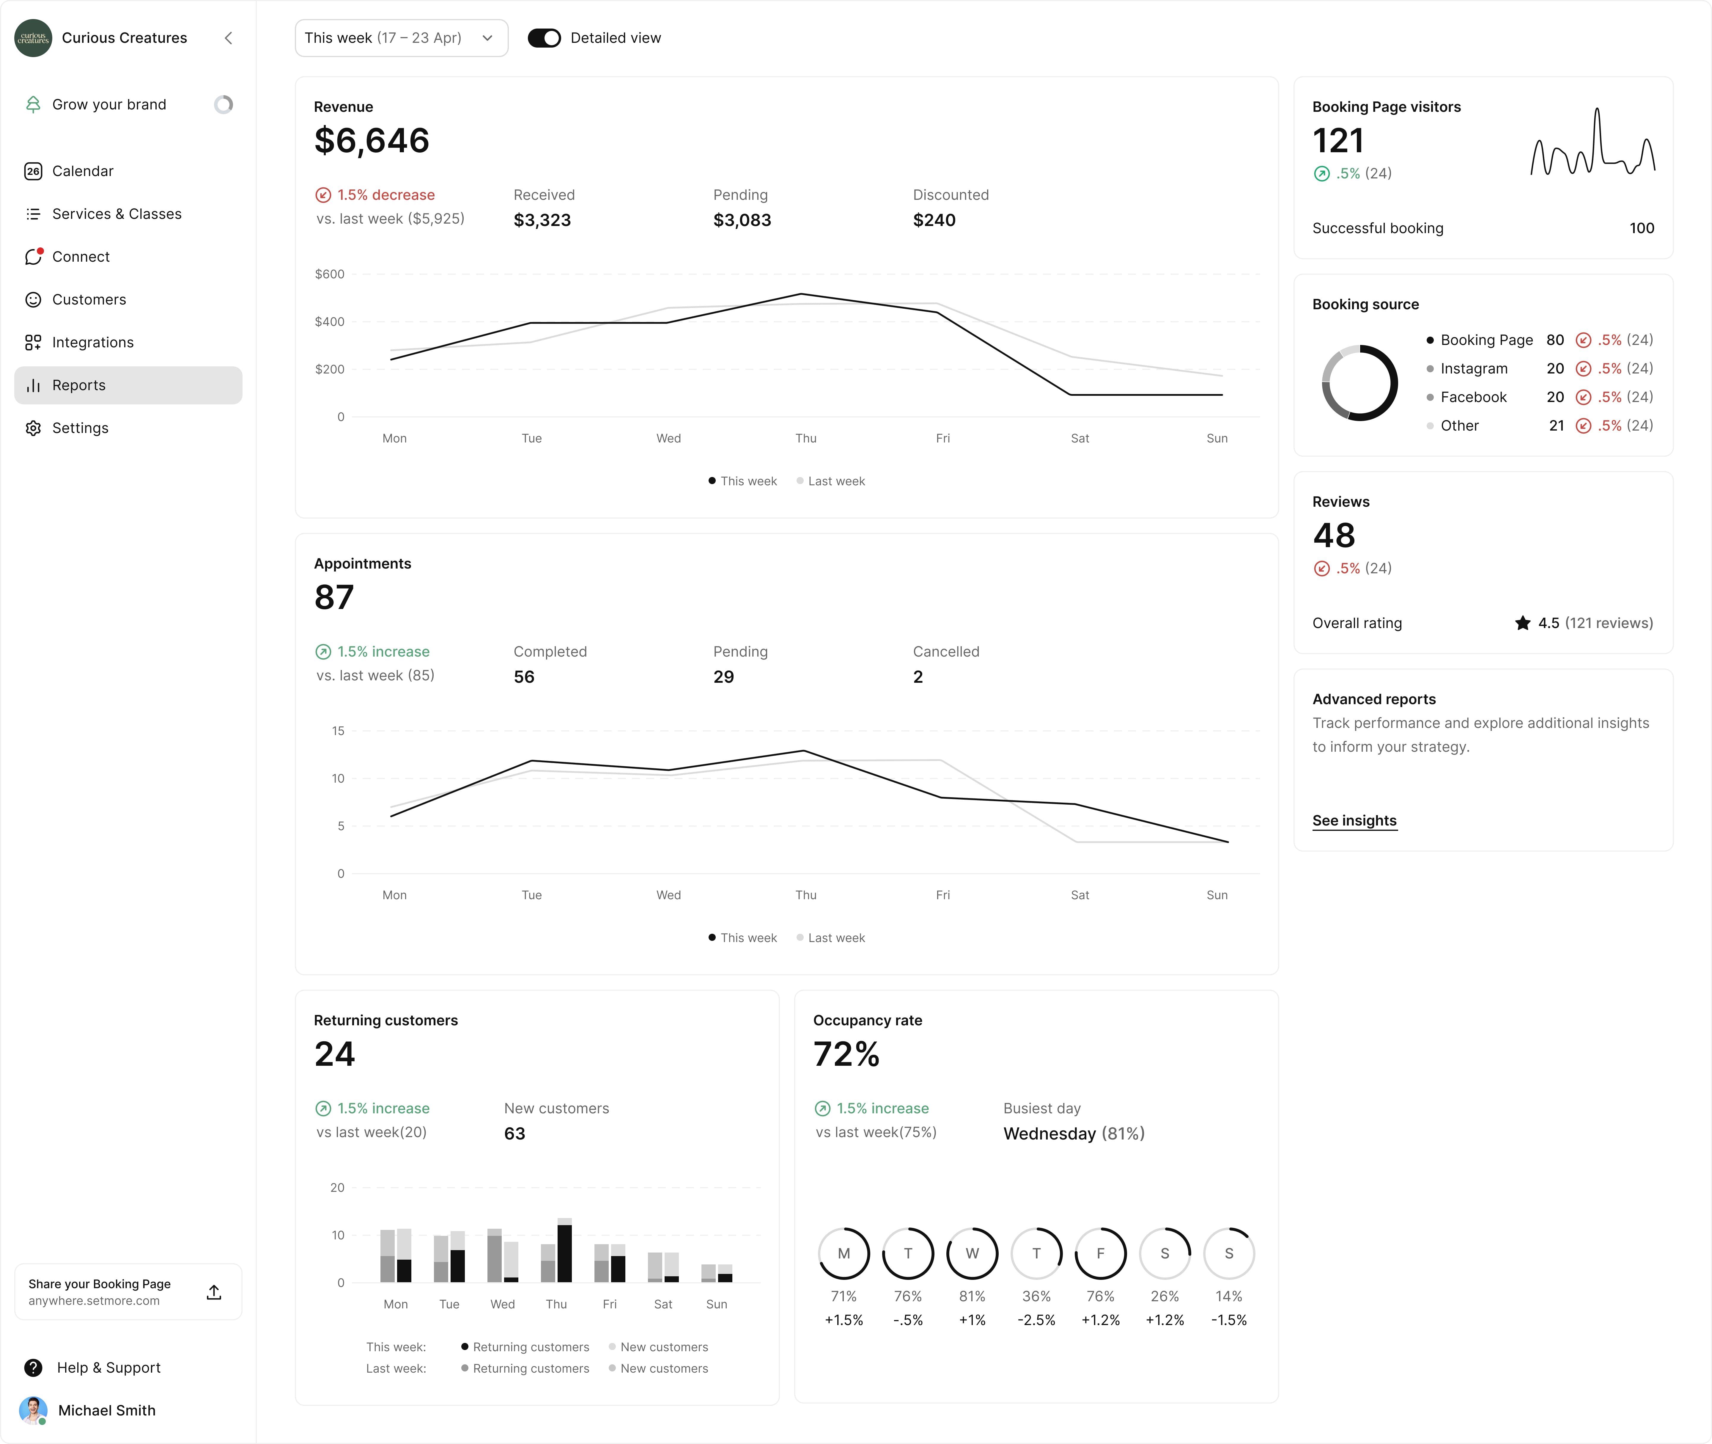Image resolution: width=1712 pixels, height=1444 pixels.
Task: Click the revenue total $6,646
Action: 372,141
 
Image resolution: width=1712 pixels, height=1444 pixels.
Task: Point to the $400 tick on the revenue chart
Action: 330,322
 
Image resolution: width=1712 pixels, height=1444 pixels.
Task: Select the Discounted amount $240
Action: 934,220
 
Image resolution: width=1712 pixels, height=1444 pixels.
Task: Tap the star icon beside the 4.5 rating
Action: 1522,623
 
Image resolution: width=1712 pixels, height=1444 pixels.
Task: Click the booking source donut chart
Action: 1359,382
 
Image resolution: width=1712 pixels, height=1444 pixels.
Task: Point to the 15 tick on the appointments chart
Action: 338,731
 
